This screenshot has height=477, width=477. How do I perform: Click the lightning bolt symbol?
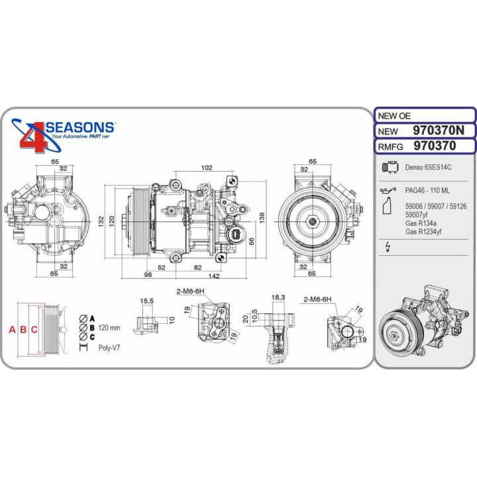(x=388, y=248)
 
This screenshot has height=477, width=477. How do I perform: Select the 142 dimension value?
(x=213, y=275)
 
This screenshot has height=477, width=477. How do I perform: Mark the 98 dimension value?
(x=148, y=275)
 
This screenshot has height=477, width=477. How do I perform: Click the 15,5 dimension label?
(x=146, y=301)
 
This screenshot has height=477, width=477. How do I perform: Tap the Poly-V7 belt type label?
(x=109, y=347)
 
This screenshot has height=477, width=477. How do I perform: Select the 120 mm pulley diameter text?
(x=109, y=328)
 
